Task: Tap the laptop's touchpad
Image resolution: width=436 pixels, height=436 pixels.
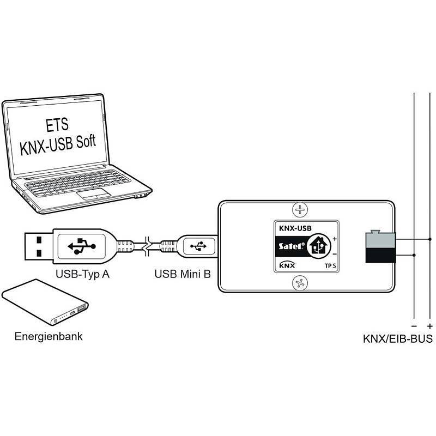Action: tap(94, 194)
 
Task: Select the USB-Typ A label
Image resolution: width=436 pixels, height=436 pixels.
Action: tap(83, 274)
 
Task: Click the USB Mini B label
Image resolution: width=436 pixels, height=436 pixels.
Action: tap(183, 274)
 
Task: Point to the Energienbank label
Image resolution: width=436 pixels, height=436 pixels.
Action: tap(49, 336)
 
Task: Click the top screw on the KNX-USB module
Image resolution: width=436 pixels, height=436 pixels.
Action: tap(299, 209)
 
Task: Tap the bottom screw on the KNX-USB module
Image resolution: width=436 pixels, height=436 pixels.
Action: tap(299, 282)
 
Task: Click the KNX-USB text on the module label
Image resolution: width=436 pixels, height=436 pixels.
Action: tap(295, 229)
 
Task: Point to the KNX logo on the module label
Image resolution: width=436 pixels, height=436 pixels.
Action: tap(287, 265)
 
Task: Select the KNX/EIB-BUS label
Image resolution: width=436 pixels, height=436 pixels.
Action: tap(398, 338)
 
